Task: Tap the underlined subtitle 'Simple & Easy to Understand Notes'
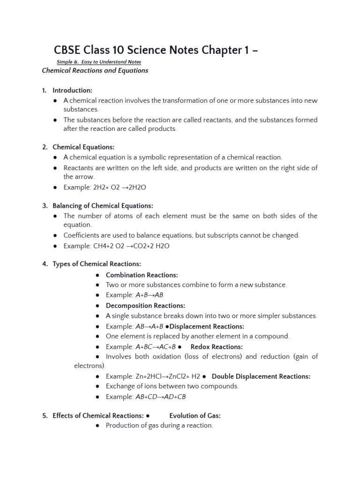tap(98, 62)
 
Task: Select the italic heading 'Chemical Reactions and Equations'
tap(95, 70)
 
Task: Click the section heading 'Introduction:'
tap(72, 90)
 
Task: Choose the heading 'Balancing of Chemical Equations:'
tap(103, 206)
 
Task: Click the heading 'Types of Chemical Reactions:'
tap(97, 264)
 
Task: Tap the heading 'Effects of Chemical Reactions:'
tap(98, 415)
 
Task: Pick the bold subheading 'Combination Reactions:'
tap(142, 275)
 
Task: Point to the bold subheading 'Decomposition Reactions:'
tap(145, 306)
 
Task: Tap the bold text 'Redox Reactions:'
tap(217, 347)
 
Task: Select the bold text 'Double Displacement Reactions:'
tap(261, 376)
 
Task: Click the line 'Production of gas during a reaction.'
tap(159, 426)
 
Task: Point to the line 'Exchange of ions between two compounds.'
tap(172, 386)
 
